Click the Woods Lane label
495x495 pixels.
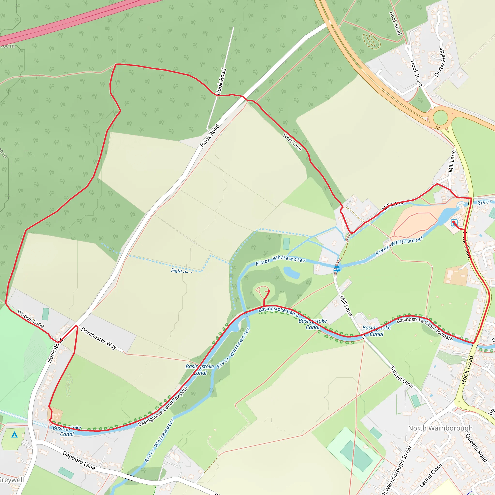(x=31, y=319)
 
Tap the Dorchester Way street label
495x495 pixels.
(x=99, y=338)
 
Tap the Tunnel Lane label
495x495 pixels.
(x=401, y=377)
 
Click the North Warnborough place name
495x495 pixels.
(x=440, y=428)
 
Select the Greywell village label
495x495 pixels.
(x=12, y=480)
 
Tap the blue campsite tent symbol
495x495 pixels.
(x=15, y=434)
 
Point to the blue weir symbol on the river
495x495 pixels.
(x=337, y=268)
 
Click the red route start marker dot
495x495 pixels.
(x=453, y=222)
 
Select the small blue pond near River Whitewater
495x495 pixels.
(x=291, y=273)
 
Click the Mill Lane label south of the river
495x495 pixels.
(x=346, y=306)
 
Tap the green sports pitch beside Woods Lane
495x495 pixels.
(x=46, y=314)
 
